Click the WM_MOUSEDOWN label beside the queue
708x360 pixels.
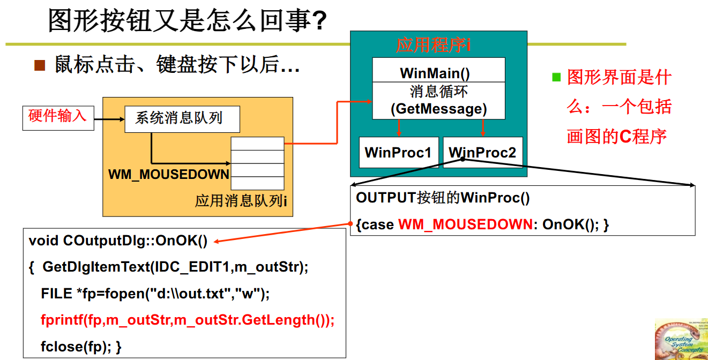[x=169, y=174]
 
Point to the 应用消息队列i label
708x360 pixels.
[x=241, y=201]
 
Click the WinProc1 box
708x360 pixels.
[x=398, y=153]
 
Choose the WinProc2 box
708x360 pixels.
[x=482, y=153]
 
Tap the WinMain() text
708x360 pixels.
[x=438, y=73]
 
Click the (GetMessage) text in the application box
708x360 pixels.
[x=438, y=109]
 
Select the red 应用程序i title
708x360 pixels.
[x=433, y=45]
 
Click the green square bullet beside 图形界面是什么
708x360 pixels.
[x=556, y=77]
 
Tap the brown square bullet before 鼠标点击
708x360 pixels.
[x=40, y=65]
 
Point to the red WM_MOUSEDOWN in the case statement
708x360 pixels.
[x=465, y=224]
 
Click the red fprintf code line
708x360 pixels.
[x=187, y=320]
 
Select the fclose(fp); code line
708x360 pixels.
[x=81, y=347]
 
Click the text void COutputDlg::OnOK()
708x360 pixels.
[x=118, y=241]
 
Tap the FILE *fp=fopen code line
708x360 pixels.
[x=155, y=294]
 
